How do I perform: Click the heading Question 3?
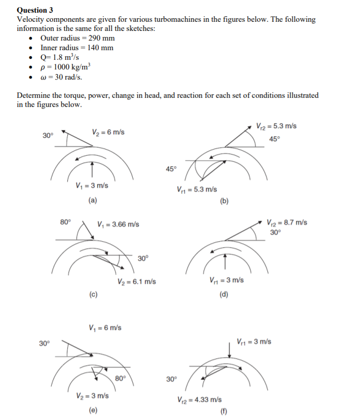click(x=35, y=10)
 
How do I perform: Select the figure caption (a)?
click(x=93, y=201)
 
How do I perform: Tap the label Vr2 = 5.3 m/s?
click(x=275, y=126)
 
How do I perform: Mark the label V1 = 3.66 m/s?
click(x=118, y=224)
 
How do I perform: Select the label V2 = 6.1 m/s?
click(x=136, y=282)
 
